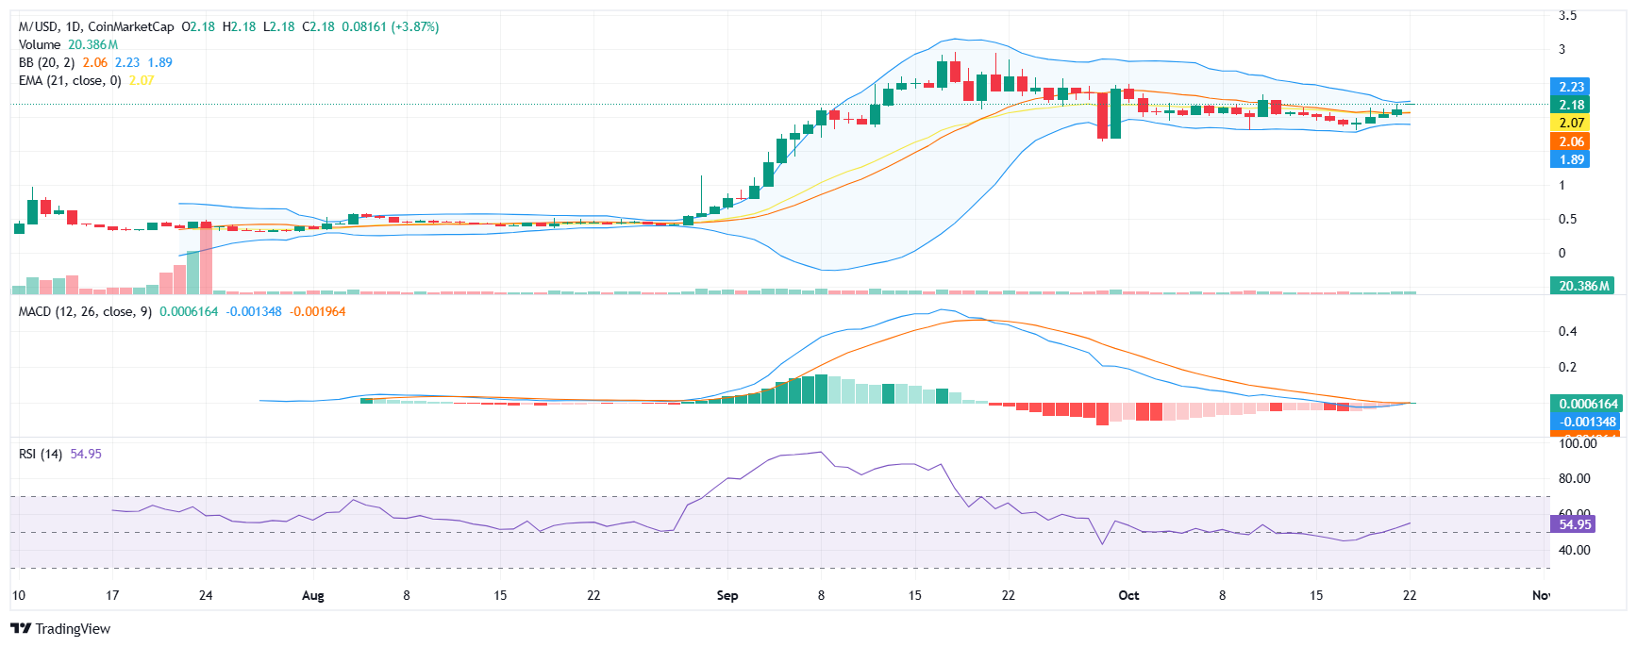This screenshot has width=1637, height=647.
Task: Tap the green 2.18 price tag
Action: (x=1571, y=105)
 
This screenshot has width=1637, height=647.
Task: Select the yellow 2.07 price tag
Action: (x=1571, y=123)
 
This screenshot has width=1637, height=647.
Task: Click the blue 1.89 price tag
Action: (x=1571, y=159)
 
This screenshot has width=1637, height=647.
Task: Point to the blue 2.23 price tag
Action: (x=1571, y=87)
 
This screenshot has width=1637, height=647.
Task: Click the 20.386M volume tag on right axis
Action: (x=1583, y=286)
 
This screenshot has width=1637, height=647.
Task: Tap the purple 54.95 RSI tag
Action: (x=1574, y=524)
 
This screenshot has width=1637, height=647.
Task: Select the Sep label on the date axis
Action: (x=727, y=595)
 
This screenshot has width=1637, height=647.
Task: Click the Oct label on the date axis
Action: (x=1128, y=595)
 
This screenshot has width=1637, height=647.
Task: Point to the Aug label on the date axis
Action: (x=312, y=595)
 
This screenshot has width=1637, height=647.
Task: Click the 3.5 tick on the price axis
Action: (x=1567, y=15)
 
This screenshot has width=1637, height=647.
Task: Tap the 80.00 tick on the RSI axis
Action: (x=1574, y=478)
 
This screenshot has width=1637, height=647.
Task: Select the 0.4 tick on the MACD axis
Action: (x=1567, y=331)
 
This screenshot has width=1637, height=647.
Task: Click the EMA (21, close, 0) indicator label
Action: (x=70, y=80)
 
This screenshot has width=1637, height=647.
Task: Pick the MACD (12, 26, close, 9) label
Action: (x=85, y=311)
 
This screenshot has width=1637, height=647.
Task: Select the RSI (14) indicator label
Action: (x=41, y=454)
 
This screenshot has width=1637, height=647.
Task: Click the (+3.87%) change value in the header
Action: (x=415, y=26)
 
